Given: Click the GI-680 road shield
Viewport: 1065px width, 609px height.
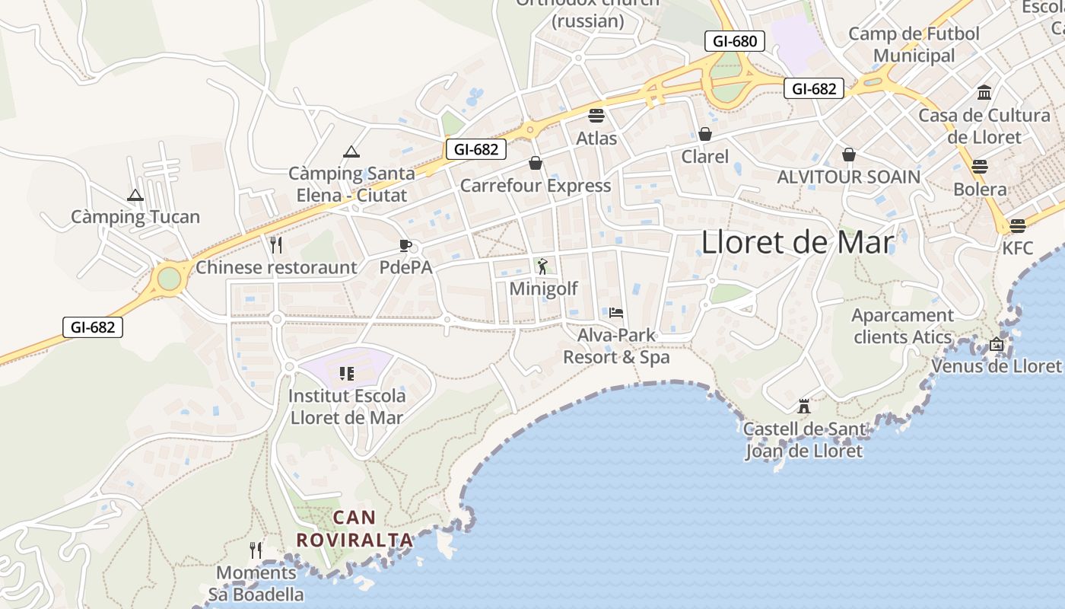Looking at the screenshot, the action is (x=735, y=41).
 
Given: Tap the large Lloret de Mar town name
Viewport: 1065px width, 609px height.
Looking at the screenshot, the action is (x=796, y=242).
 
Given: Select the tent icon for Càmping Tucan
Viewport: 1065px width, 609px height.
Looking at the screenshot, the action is (x=135, y=195).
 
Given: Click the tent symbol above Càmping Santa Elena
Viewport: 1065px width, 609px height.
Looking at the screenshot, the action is (x=351, y=151).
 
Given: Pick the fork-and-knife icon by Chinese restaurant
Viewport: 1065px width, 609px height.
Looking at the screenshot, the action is (x=276, y=244).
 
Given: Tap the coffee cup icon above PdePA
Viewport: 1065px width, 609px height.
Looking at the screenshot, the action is (x=405, y=245).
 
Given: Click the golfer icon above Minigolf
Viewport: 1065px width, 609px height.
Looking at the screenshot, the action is (x=542, y=266).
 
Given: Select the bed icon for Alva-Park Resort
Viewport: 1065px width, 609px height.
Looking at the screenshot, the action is (x=616, y=312).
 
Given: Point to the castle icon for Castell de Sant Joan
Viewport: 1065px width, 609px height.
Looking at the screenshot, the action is (x=804, y=406).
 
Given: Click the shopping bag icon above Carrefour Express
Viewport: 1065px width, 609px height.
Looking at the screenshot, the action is (x=536, y=163).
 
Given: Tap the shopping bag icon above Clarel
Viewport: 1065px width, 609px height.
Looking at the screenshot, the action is (x=705, y=134).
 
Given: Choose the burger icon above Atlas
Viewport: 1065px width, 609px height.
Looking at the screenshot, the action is (x=596, y=116).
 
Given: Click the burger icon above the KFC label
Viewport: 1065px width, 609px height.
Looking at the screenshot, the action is (x=1018, y=225).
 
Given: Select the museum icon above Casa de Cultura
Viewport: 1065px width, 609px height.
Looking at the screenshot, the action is (x=984, y=93).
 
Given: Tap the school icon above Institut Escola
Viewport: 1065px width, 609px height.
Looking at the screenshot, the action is (x=347, y=373).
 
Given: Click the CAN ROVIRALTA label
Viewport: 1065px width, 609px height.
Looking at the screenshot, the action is (x=354, y=529).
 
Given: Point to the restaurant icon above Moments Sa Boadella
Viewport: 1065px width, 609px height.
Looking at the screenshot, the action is (x=256, y=550).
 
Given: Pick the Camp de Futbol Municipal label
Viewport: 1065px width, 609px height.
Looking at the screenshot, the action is (x=914, y=44).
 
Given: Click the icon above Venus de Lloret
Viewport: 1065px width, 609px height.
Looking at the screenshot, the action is (x=997, y=344).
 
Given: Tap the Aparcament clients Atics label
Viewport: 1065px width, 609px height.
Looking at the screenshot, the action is (x=902, y=326).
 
